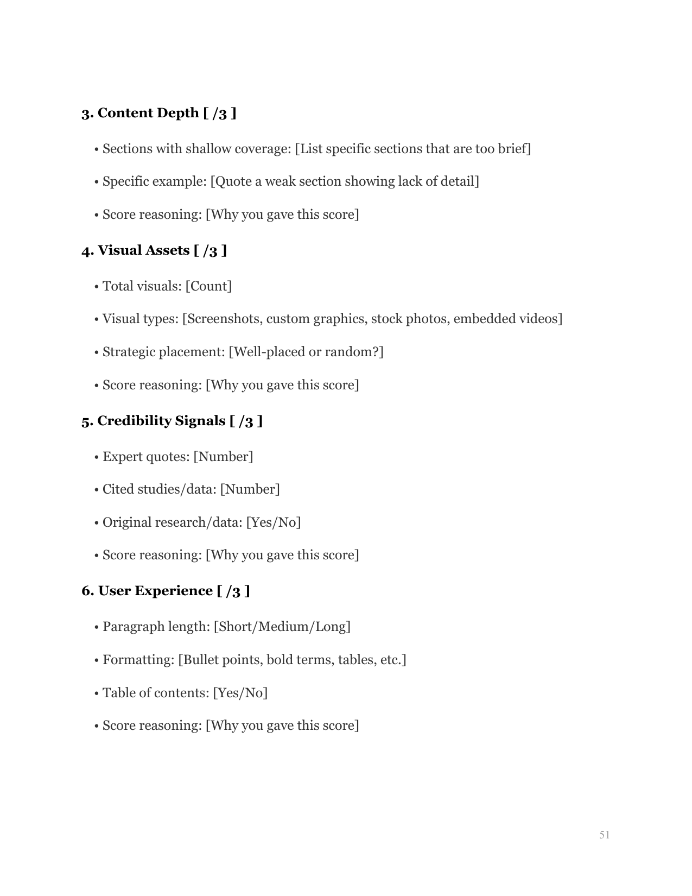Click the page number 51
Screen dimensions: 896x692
point(605,835)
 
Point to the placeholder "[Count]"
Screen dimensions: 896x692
point(208,286)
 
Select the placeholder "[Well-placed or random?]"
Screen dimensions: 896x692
point(306,352)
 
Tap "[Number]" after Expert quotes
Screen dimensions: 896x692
point(223,457)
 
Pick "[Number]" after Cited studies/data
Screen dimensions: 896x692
point(250,489)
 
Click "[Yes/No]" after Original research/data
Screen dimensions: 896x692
point(273,522)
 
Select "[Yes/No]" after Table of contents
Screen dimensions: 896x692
point(240,693)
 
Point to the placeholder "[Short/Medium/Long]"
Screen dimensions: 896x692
point(282,627)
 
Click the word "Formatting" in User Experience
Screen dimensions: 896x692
point(138,660)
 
